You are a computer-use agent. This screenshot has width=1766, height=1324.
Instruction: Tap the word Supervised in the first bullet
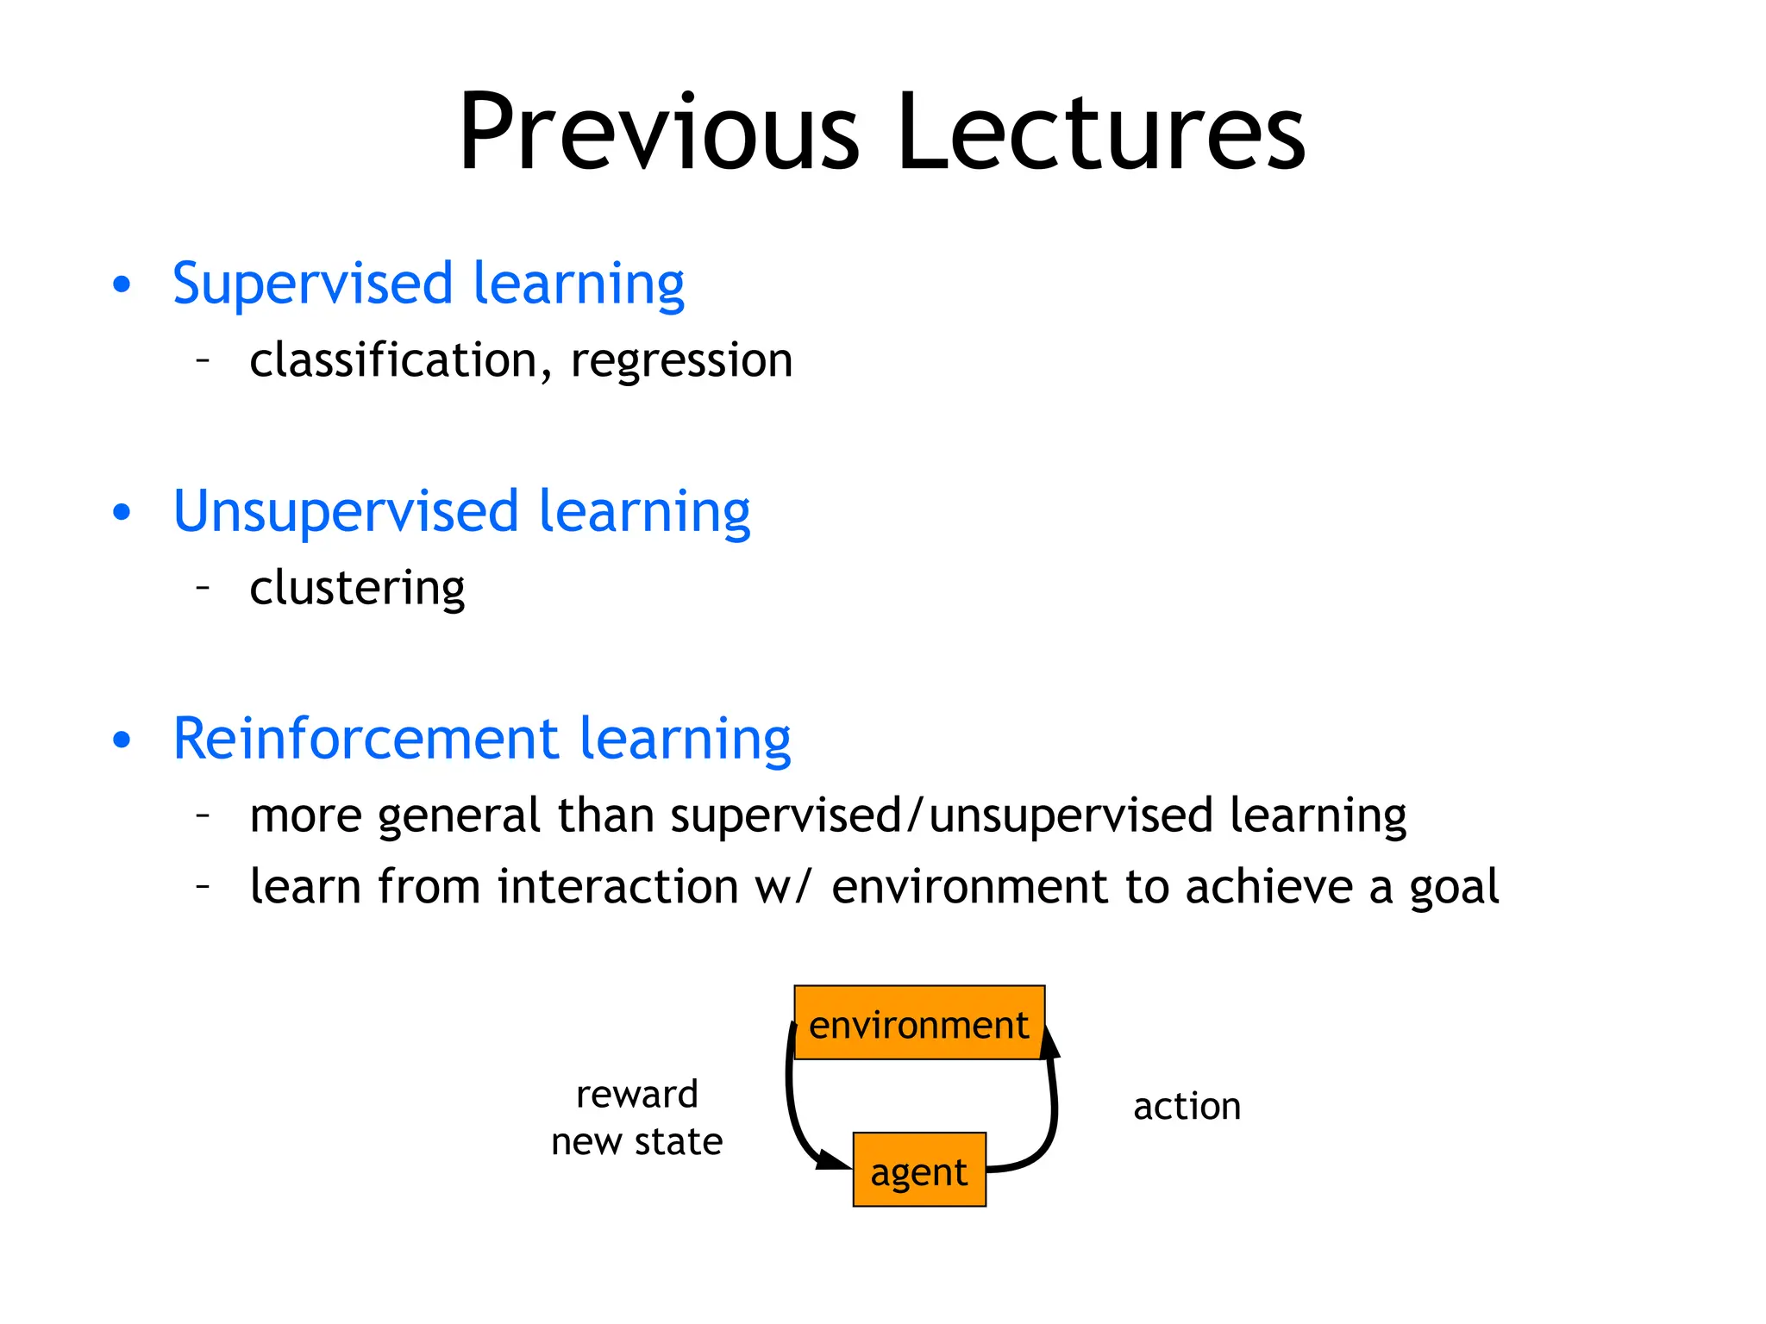[x=312, y=284]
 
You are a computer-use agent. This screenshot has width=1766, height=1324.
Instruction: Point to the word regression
[x=681, y=361]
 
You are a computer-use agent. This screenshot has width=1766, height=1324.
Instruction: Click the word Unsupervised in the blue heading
[x=345, y=511]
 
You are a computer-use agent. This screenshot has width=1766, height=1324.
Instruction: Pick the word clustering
[x=357, y=589]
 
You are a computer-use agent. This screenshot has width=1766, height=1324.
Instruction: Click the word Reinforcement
[x=366, y=739]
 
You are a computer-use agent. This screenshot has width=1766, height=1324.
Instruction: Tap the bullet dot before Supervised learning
[x=122, y=285]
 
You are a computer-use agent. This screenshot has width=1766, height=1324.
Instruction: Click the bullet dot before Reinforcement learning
[x=122, y=740]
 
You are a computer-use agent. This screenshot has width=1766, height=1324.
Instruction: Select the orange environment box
[x=919, y=1023]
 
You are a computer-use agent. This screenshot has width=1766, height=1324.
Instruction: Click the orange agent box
[x=919, y=1170]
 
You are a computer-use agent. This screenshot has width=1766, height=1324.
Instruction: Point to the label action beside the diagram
[x=1187, y=1106]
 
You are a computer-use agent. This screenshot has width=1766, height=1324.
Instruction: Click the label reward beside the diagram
[x=636, y=1095]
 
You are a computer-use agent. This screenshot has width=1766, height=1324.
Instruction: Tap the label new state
[x=636, y=1141]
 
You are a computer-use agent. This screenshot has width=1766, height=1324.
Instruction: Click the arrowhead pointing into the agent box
[x=832, y=1160]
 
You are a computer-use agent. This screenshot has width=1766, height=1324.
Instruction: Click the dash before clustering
[x=204, y=587]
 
